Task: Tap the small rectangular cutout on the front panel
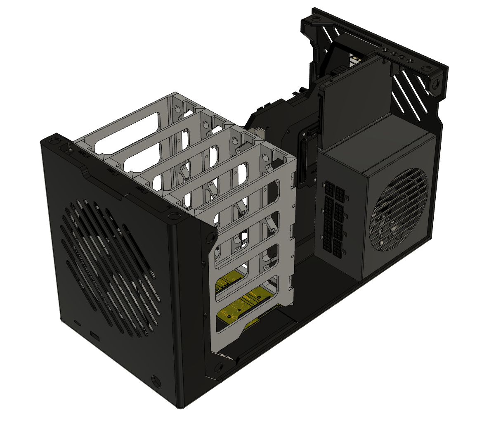pos(94,336)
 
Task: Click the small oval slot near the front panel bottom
pos(77,321)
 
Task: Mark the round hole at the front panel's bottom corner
pos(156,379)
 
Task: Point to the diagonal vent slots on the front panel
pos(109,264)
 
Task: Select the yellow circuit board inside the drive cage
pos(243,306)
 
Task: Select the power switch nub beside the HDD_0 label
pos(65,147)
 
